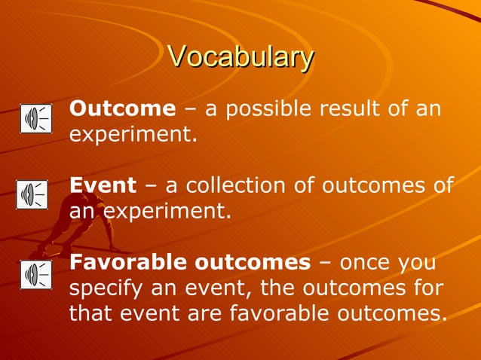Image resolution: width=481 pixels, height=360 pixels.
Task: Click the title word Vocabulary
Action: coord(240,56)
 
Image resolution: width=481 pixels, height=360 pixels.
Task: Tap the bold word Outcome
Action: coord(122,108)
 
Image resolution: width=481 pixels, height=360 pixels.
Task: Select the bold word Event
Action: coord(103,185)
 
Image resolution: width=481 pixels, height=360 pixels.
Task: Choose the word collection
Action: coord(240,185)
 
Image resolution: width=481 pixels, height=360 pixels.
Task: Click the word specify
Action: coord(106,288)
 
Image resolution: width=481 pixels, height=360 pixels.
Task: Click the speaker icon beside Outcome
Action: coord(35,119)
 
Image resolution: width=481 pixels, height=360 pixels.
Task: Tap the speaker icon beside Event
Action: coord(32,194)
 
